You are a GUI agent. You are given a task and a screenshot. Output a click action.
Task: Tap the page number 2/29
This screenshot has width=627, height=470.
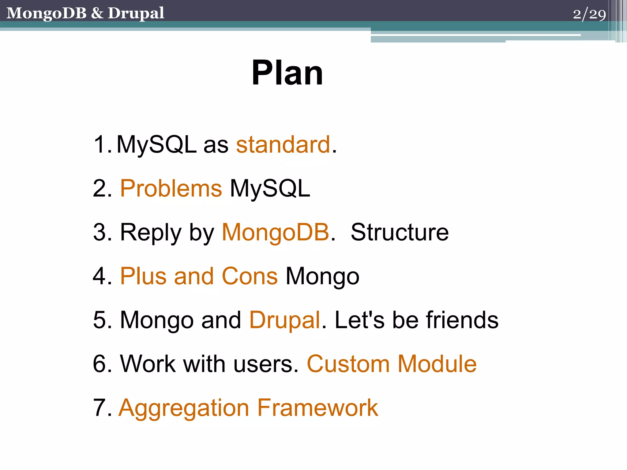click(x=589, y=14)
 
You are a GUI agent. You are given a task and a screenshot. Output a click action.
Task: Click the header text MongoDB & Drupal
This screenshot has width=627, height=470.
click(x=85, y=13)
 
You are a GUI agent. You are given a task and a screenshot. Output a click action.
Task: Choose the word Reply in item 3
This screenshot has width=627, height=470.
click(x=151, y=233)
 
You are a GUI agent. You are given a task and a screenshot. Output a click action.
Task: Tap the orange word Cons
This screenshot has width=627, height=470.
click(x=250, y=276)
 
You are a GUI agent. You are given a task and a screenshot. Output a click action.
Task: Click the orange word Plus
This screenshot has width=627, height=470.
click(x=143, y=276)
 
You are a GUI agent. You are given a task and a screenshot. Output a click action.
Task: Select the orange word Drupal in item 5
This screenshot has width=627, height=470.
click(x=285, y=320)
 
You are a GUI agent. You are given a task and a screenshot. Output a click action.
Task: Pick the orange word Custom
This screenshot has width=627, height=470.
click(x=348, y=364)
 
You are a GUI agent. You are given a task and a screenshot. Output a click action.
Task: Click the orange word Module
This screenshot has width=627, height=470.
click(x=437, y=364)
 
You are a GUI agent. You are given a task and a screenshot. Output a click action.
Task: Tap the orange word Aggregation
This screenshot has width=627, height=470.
click(x=184, y=408)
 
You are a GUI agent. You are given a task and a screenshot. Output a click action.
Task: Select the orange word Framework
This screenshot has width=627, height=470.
click(x=317, y=408)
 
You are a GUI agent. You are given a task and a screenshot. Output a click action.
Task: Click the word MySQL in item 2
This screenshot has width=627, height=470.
click(x=270, y=188)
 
